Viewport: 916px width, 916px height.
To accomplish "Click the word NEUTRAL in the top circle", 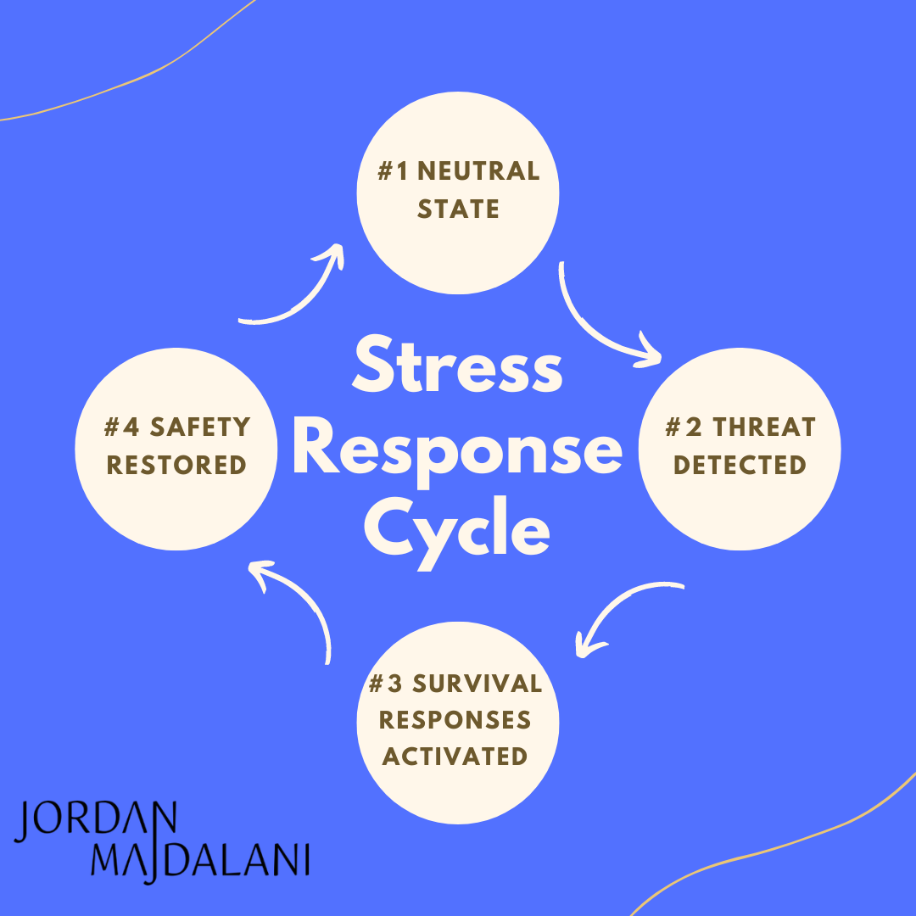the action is (x=478, y=171).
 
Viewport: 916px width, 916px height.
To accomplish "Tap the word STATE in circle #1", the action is (x=458, y=209).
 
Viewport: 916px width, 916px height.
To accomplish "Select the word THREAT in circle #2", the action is (x=763, y=427).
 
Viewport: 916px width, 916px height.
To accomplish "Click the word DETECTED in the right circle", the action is (x=740, y=465).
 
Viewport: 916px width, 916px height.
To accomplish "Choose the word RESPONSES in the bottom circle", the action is (x=455, y=720).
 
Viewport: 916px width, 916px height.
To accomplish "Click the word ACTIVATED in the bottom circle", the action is (x=455, y=756).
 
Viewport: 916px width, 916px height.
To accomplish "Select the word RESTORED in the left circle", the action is (x=176, y=465).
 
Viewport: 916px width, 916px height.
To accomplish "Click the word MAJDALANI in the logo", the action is (x=199, y=858).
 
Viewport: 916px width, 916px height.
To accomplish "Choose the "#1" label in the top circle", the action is (x=394, y=171).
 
